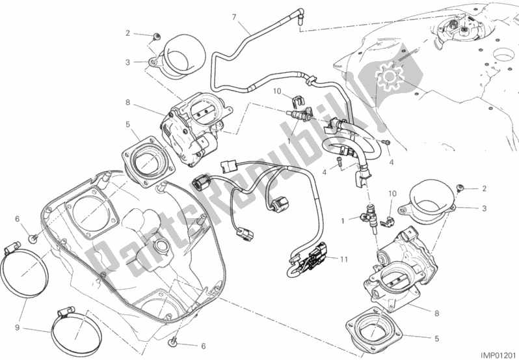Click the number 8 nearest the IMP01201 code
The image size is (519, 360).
pyautogui.click(x=436, y=313)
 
